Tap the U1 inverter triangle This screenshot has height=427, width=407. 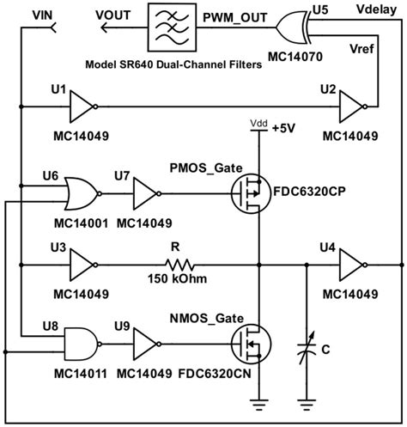click(x=82, y=107)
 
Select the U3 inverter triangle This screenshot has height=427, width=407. click(x=82, y=266)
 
